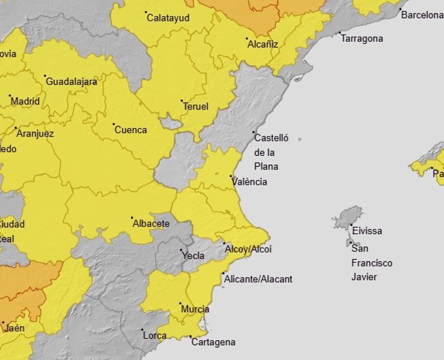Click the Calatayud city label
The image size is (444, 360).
click(168, 18)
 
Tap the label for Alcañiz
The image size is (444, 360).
click(263, 44)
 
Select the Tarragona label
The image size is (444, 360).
click(361, 39)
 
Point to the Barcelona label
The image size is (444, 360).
click(421, 15)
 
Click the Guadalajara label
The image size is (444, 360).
click(71, 82)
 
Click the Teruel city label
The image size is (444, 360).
click(196, 106)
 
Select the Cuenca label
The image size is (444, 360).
click(131, 129)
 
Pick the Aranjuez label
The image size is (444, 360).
click(35, 133)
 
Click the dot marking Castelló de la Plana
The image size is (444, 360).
click(253, 132)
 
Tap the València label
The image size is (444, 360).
click(250, 182)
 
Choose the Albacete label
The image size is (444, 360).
click(151, 223)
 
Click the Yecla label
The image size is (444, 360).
click(194, 256)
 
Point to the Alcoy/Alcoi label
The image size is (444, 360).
click(248, 249)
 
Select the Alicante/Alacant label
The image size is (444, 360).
click(258, 279)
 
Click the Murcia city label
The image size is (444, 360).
click(195, 309)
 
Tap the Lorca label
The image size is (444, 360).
click(154, 336)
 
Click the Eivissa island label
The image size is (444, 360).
click(367, 231)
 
